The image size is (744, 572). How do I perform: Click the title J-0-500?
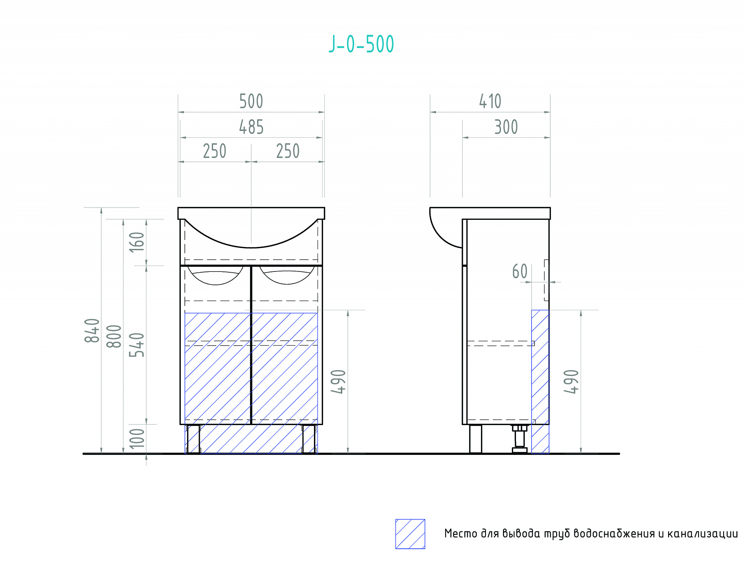coord(361,44)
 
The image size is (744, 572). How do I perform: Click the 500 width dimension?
coord(251,102)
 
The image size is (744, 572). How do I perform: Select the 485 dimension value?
coord(251,127)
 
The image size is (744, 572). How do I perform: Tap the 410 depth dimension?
coord(490,102)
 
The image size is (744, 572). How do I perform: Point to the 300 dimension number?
coord(506,127)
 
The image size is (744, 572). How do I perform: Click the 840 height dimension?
coord(92,330)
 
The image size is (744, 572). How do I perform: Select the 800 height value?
coord(114,336)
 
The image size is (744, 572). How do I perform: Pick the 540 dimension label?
coord(137,345)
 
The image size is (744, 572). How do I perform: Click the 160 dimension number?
coord(137,242)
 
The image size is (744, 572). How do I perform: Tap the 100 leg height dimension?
coord(137,438)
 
